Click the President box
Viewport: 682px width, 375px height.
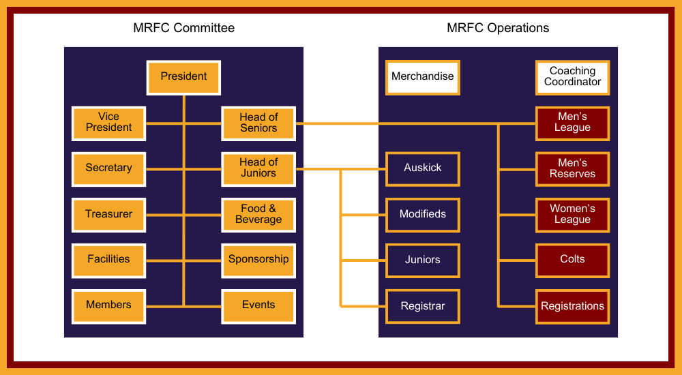click(183, 77)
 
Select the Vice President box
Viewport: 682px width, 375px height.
click(108, 123)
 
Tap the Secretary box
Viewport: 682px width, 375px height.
click(108, 168)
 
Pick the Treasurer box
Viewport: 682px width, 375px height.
click(108, 214)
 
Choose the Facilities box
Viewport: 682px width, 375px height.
click(108, 260)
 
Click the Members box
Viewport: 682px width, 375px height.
click(108, 305)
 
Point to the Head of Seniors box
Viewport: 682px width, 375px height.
click(258, 123)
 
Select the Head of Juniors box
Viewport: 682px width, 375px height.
click(258, 168)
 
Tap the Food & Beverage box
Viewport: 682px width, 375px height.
click(258, 214)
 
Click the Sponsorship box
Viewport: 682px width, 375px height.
click(258, 260)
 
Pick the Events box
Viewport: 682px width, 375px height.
click(258, 305)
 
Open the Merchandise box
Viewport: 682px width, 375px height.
click(423, 77)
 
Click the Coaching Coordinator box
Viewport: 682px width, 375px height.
click(572, 77)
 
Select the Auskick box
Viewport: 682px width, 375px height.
click(423, 168)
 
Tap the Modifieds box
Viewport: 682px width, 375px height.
click(423, 214)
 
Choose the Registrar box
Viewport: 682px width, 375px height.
click(423, 306)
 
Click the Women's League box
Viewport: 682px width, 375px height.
click(572, 214)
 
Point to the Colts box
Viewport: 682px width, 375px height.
click(572, 260)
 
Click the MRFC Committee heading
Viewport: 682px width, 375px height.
click(184, 28)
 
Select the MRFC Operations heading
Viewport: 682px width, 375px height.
click(498, 28)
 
